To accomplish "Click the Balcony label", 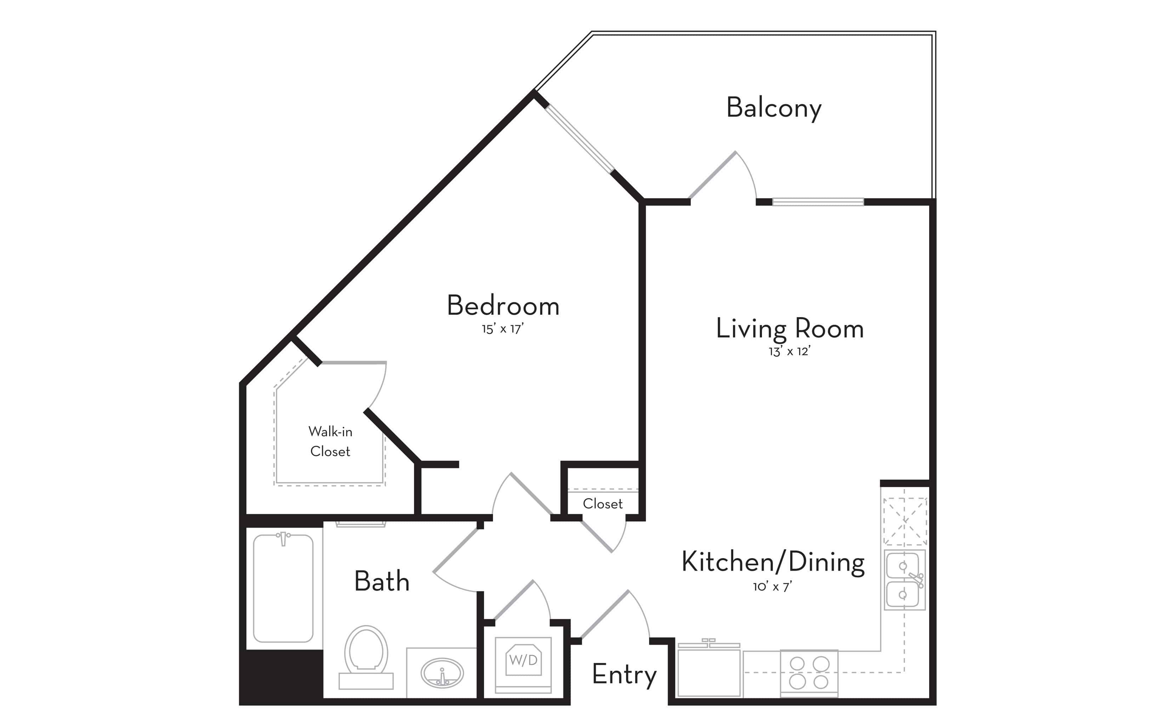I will click(774, 108).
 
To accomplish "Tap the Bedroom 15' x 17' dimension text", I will click(502, 329).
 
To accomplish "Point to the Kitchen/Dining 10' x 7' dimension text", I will click(772, 586).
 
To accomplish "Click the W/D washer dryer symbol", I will click(523, 660).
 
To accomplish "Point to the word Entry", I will click(624, 674).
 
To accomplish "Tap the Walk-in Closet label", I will click(330, 441).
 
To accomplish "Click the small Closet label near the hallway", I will click(603, 504).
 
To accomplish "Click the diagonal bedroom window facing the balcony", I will click(580, 138).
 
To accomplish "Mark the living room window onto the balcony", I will click(818, 202).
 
